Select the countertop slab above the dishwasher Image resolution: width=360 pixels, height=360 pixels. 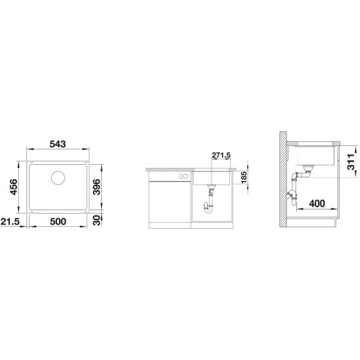point(167,168)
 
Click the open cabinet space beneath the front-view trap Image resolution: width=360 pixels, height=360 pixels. point(211,220)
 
